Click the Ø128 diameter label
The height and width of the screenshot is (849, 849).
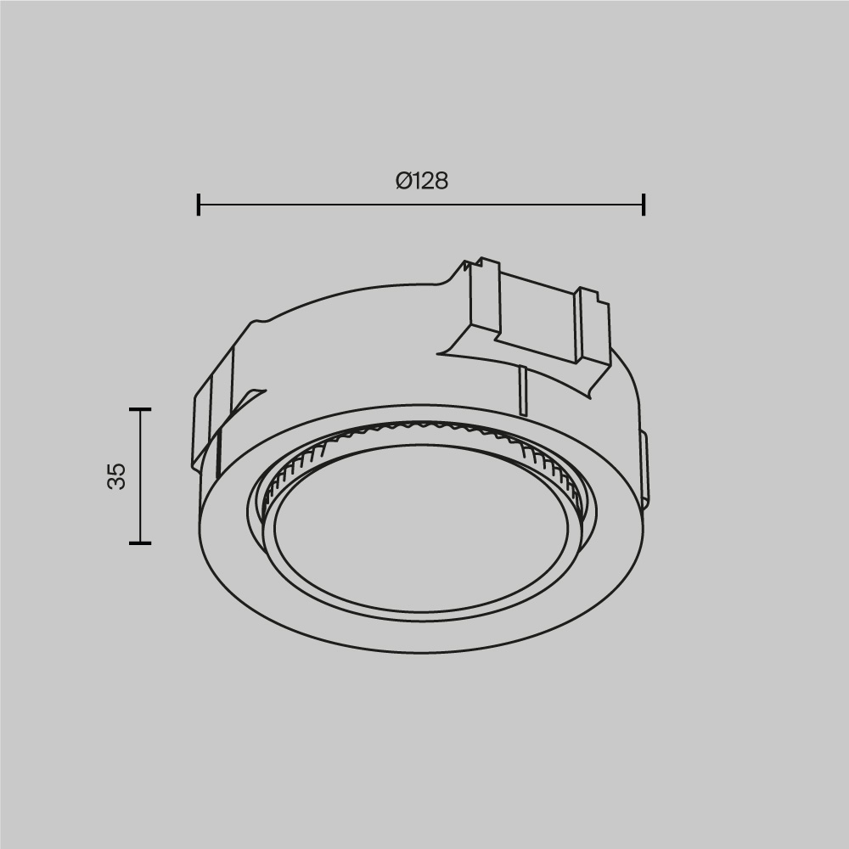tap(421, 181)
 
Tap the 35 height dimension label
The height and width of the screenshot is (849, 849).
tap(117, 475)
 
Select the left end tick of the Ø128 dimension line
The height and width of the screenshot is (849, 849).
tap(199, 205)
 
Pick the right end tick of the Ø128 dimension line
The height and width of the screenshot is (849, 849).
tap(644, 205)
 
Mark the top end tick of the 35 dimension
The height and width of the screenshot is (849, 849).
tap(140, 409)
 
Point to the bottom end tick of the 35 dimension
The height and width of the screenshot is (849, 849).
tap(140, 543)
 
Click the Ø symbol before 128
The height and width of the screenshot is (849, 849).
tap(404, 181)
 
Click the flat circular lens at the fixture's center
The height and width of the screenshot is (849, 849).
tap(420, 535)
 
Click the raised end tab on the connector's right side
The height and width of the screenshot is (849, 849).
tap(592, 327)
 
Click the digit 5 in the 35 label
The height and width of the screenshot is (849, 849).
tap(117, 468)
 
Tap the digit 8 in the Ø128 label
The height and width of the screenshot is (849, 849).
tap(440, 181)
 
